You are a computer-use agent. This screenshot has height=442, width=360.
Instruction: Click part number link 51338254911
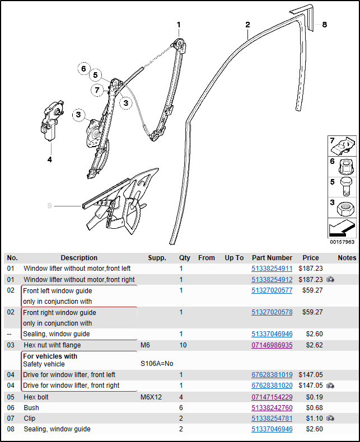[x=272, y=269]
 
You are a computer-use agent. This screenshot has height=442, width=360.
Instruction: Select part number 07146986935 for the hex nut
[x=272, y=345]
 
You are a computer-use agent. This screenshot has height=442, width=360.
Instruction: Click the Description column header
[x=79, y=258]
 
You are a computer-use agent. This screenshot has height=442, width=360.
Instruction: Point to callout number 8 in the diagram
[x=324, y=25]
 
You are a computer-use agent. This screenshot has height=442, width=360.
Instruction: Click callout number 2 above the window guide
[x=247, y=25]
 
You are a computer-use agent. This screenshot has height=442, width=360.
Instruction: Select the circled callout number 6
[x=83, y=69]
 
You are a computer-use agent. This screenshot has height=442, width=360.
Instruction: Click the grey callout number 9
[x=50, y=206]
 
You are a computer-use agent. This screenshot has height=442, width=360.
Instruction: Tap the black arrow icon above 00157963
[x=342, y=228]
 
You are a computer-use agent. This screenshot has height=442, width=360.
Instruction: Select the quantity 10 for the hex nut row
[x=183, y=345]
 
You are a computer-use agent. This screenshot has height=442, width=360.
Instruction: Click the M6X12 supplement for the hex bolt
[x=151, y=397]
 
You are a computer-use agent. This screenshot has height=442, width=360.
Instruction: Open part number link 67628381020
[x=272, y=385]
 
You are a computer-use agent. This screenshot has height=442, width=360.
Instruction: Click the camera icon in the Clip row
[x=331, y=419]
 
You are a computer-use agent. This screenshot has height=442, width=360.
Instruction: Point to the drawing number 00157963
[x=342, y=242]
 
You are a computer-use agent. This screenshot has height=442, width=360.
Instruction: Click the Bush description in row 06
[x=31, y=408]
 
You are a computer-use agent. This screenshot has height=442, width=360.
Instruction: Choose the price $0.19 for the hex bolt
[x=314, y=397]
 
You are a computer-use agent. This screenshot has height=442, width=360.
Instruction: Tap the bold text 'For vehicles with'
[x=50, y=356]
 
